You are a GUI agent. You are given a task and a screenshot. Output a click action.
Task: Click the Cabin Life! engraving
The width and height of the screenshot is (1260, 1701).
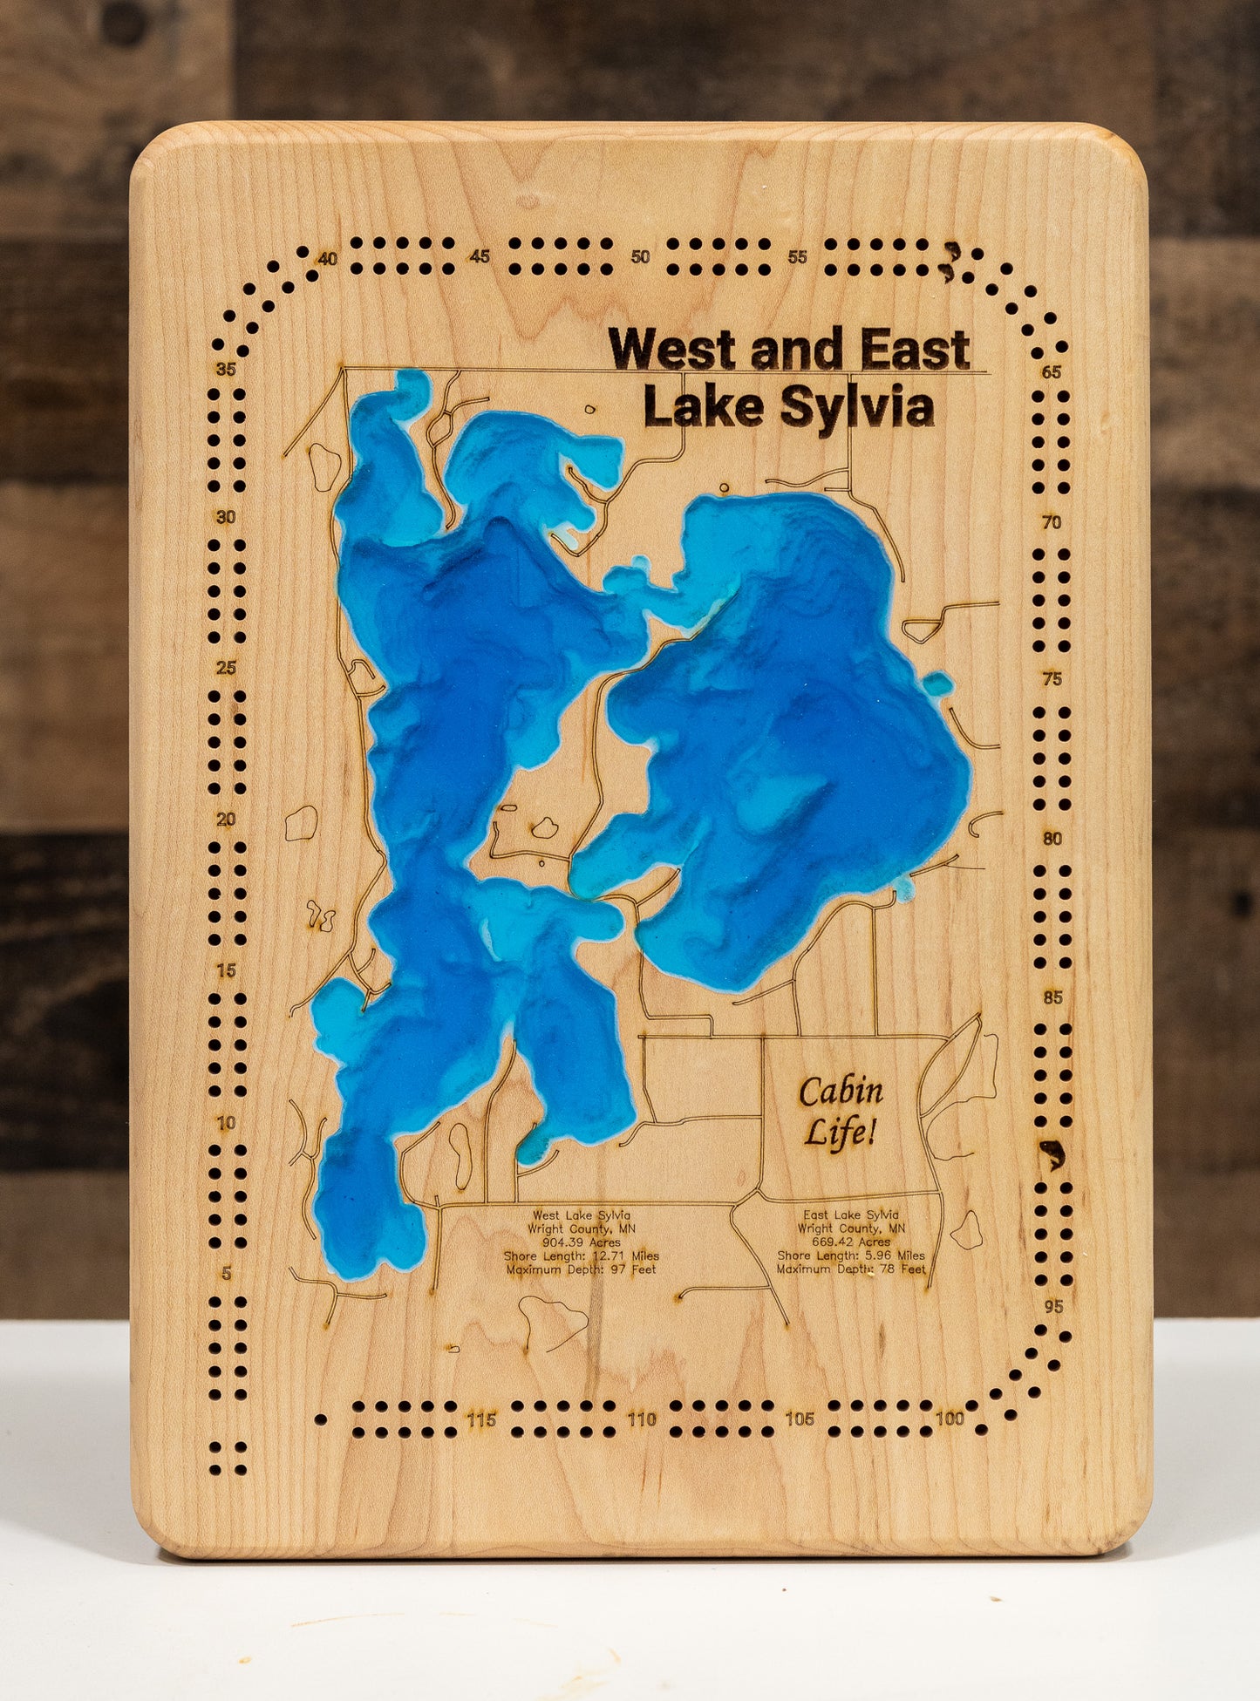point(841,1111)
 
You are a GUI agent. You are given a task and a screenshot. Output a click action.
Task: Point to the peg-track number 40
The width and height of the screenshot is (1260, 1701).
point(328,258)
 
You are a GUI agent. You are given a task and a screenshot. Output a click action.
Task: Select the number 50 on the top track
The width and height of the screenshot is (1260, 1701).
point(640,256)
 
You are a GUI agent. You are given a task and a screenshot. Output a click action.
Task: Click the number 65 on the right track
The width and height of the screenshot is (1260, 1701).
point(1052,372)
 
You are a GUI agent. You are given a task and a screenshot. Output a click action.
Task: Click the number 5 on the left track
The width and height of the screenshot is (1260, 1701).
point(227,1274)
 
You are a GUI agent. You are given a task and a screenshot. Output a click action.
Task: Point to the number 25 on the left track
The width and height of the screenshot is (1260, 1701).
point(227,668)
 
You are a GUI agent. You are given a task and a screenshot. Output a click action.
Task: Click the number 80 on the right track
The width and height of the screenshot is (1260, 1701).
point(1052,839)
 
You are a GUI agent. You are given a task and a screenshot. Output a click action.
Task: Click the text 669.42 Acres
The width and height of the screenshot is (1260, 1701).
point(851,1242)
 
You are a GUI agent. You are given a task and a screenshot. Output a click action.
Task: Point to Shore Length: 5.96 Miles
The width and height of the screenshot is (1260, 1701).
point(851,1255)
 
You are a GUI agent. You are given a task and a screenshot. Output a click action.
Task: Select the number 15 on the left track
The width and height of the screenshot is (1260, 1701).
point(226,970)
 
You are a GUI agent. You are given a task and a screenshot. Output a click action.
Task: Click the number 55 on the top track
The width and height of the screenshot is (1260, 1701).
point(797,256)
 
